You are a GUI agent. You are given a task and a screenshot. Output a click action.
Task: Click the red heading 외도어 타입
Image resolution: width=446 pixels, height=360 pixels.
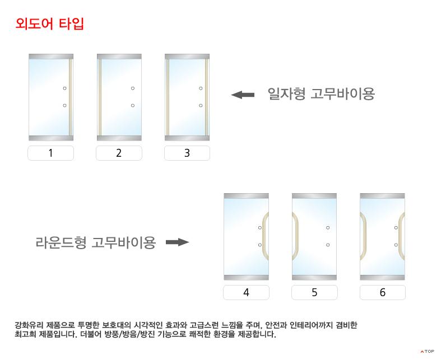tap(49, 24)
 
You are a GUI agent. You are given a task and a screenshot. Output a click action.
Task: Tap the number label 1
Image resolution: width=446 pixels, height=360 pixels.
tap(50, 153)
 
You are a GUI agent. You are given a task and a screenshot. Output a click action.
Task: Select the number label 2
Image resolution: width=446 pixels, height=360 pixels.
tap(119, 153)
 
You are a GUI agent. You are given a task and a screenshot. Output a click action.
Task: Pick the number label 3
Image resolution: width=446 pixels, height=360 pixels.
tap(187, 153)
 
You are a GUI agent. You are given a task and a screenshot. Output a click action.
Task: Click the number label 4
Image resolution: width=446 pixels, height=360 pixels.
tap(246, 292)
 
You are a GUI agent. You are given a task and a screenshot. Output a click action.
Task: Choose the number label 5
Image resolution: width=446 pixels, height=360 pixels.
tap(314, 292)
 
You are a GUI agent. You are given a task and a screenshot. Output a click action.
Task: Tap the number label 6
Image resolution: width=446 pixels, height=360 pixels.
tap(383, 292)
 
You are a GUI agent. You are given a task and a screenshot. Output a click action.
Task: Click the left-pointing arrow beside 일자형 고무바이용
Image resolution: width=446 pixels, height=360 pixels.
tap(243, 95)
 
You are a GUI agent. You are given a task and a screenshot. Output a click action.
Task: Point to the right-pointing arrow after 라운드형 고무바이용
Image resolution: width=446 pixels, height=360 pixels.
tap(178, 242)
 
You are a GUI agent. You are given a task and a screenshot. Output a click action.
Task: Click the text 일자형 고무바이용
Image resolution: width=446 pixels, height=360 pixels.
tap(321, 93)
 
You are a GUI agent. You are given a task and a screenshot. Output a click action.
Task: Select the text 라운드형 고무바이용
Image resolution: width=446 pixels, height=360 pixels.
tap(96, 242)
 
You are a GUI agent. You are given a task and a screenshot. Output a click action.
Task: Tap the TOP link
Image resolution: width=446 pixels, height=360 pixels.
tap(427, 352)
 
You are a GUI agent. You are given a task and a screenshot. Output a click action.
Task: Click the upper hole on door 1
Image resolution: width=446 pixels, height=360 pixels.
tap(64, 88)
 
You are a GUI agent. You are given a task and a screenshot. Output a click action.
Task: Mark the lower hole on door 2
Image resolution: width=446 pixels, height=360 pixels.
tap(133, 105)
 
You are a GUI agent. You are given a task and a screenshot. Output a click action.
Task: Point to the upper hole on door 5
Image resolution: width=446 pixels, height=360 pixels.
tap(328, 228)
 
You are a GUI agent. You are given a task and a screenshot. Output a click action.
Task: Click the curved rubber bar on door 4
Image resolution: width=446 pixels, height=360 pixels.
tap(265, 236)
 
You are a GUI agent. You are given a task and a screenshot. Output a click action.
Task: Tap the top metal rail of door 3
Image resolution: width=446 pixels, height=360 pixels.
tap(187, 57)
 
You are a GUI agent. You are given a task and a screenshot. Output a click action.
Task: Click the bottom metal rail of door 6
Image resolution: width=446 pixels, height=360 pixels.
tap(382, 278)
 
